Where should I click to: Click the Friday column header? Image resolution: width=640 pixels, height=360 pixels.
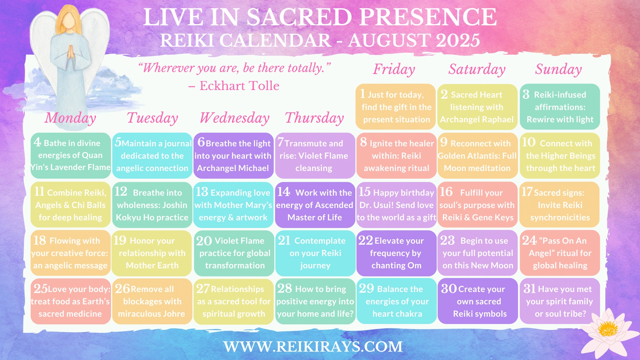click(394, 69)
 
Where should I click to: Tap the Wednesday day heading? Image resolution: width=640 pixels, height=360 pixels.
click(234, 118)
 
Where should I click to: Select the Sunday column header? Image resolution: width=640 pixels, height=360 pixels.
click(559, 69)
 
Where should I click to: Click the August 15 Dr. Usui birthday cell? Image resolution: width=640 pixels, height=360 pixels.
click(396, 205)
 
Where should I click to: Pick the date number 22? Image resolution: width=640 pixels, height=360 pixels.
click(365, 240)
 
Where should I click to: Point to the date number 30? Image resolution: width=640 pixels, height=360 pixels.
click(449, 288)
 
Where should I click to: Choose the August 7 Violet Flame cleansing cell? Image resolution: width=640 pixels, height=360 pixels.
click(315, 155)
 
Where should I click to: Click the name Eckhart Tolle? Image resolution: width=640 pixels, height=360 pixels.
click(239, 86)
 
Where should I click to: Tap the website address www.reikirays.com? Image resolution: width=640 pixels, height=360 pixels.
click(313, 347)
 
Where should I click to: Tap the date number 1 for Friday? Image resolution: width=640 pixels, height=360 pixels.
click(362, 94)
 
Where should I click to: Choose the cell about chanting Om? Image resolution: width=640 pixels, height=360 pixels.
click(396, 253)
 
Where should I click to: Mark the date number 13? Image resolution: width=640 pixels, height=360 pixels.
click(202, 192)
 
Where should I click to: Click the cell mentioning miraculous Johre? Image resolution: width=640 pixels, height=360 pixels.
click(152, 301)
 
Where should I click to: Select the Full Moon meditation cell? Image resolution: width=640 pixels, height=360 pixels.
click(477, 155)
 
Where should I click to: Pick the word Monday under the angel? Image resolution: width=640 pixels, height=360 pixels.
click(70, 118)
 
